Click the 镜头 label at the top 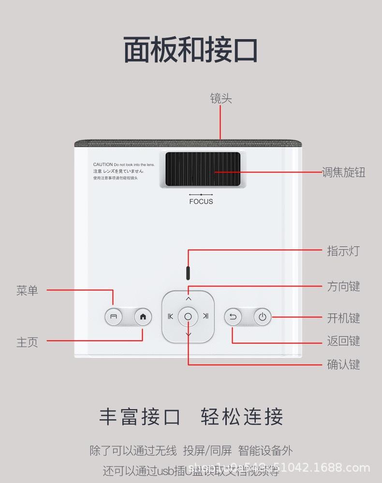221,99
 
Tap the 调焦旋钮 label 343,172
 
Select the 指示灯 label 343,251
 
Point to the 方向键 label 343,286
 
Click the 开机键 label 343,318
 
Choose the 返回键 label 343,341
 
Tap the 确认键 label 343,364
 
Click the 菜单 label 27,291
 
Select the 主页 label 27,342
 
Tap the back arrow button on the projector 233,317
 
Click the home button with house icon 143,317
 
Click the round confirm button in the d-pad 188,317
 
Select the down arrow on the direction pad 188,334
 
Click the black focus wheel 203,170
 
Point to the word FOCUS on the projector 201,202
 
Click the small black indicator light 188,273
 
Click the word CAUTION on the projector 103,165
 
